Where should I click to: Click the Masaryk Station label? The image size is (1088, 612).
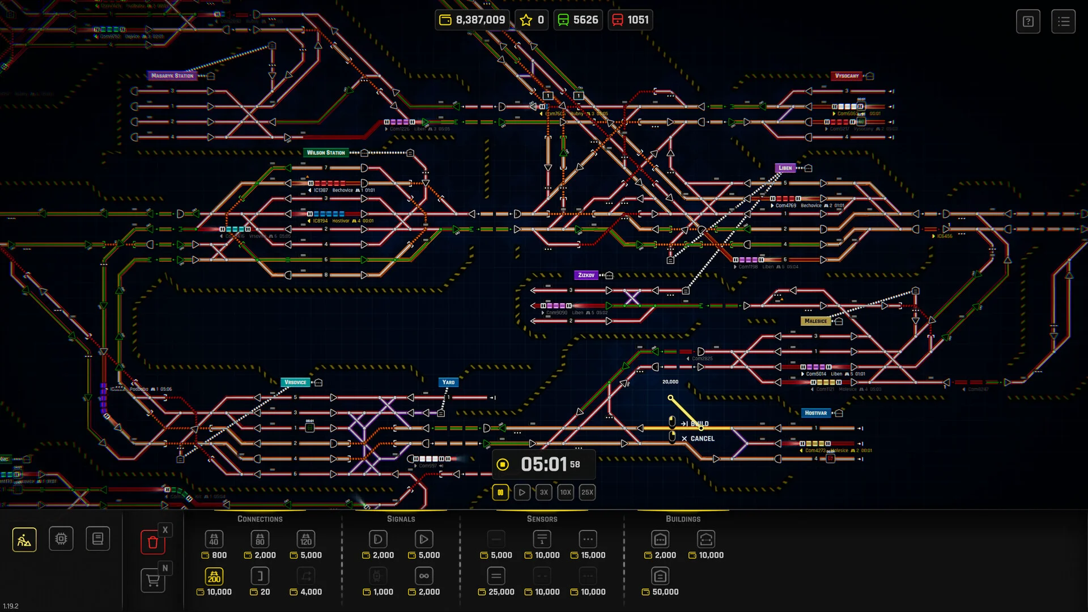(x=172, y=75)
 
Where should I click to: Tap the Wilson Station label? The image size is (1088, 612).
(x=326, y=152)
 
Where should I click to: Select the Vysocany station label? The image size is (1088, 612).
(x=847, y=75)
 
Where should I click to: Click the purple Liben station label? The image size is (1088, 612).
(x=785, y=168)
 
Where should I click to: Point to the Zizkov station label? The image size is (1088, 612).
(x=586, y=275)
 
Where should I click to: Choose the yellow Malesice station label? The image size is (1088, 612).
(x=815, y=321)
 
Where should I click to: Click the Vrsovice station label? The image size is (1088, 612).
(x=295, y=382)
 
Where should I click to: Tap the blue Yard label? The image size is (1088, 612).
(x=448, y=382)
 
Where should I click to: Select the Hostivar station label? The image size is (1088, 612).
(x=815, y=413)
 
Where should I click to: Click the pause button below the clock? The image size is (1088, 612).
(x=500, y=492)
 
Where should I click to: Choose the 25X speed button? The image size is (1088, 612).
(x=587, y=492)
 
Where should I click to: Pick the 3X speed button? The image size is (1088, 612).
(x=543, y=492)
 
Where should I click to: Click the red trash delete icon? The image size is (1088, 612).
(x=152, y=542)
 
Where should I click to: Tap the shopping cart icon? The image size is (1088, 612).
(x=152, y=580)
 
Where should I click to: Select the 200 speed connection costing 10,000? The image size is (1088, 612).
(x=214, y=576)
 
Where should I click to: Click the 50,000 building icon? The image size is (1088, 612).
(x=660, y=576)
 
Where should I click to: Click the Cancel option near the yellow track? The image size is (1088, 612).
(x=702, y=439)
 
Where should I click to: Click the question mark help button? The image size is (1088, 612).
(x=1028, y=22)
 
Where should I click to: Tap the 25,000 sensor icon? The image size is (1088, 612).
(x=496, y=576)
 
